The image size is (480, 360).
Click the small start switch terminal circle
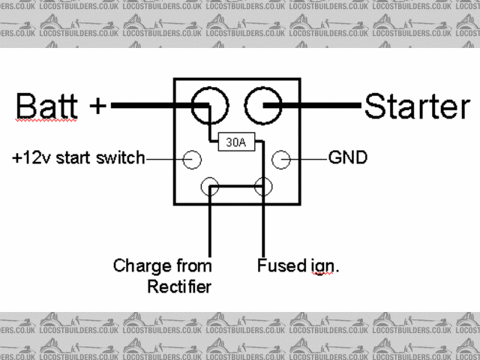(193, 159)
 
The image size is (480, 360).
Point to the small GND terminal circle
(280, 159)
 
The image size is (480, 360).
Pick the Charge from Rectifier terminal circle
(211, 187)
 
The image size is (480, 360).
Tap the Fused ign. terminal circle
(262, 187)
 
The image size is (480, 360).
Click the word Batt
(48, 106)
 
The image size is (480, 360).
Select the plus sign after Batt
(97, 106)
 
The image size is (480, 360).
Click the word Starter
(416, 106)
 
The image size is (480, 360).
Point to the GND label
(348, 157)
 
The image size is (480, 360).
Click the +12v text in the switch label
(33, 158)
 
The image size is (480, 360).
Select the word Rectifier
(179, 286)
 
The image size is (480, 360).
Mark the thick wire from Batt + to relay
(150, 106)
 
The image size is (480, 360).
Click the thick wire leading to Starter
(322, 106)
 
